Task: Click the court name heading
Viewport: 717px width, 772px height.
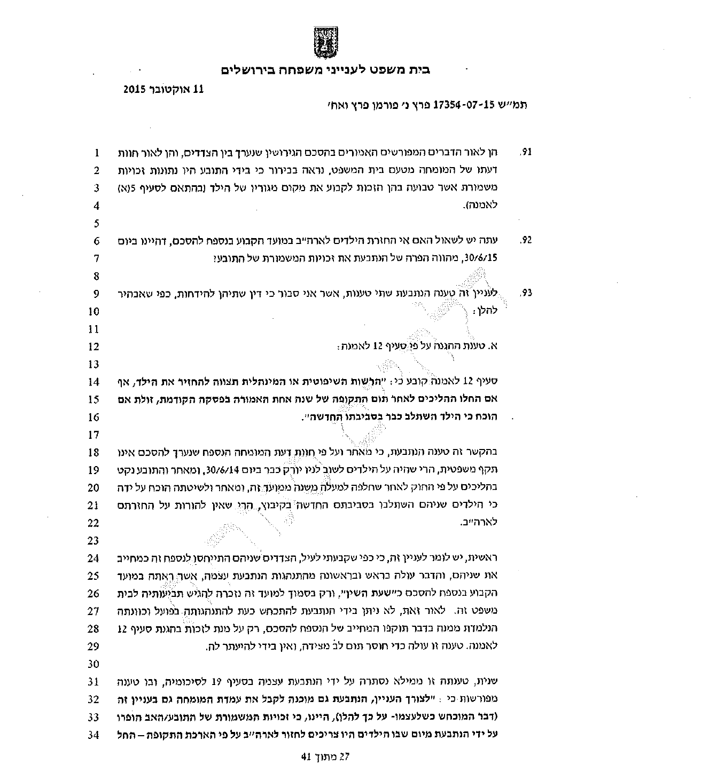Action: coord(325,70)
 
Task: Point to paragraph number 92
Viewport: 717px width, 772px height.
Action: coord(526,241)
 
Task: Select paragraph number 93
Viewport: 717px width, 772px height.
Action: coord(526,294)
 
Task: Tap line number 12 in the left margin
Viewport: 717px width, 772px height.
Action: coord(95,347)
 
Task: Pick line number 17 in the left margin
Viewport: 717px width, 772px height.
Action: coord(95,435)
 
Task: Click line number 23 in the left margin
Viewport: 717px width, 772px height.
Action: coord(95,541)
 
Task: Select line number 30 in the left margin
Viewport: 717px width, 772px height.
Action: coord(95,664)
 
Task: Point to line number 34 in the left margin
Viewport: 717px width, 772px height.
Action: coord(95,735)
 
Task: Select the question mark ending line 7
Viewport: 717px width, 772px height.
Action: coord(215,258)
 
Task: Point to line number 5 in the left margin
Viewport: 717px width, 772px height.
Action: coord(97,223)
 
